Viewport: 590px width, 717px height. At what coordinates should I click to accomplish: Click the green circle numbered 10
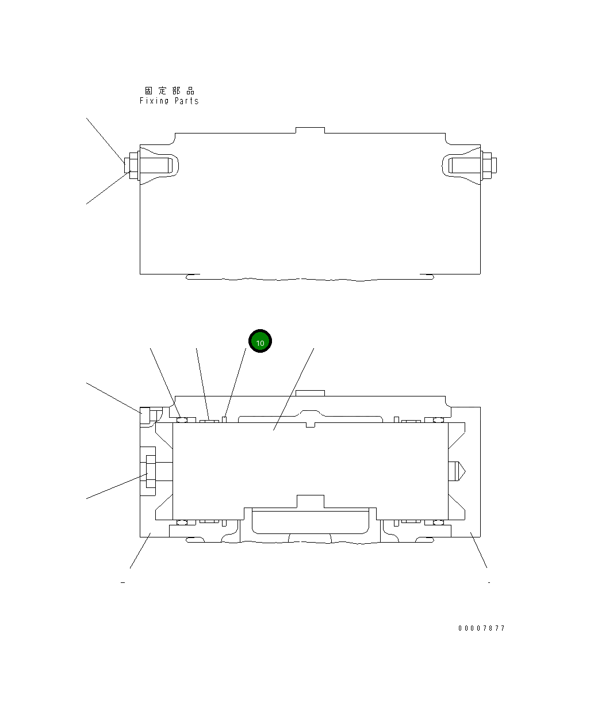point(260,342)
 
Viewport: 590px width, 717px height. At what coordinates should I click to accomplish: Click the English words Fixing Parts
point(169,101)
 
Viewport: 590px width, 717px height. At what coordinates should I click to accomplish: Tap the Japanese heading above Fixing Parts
point(170,91)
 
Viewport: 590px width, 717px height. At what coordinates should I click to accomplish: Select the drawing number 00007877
point(481,628)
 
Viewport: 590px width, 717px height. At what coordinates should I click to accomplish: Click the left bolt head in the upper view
point(132,166)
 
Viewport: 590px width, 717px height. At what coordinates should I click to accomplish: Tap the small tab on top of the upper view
point(310,130)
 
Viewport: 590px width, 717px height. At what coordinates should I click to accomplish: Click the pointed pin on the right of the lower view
point(457,472)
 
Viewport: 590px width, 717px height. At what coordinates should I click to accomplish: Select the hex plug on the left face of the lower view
point(149,472)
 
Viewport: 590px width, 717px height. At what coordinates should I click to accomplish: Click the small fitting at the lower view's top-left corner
point(145,415)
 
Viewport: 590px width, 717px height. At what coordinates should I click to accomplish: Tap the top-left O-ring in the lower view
point(182,419)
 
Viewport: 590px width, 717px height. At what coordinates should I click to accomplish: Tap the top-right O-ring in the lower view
point(438,419)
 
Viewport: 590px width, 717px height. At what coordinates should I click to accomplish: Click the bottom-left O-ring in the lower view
point(182,523)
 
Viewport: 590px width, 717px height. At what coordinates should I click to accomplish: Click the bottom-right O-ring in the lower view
point(438,523)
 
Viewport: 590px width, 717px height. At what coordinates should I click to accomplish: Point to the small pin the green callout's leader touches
point(225,418)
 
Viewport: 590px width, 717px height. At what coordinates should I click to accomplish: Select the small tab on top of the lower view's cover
point(310,394)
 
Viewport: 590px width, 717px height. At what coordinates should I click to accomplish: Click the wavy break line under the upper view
point(311,280)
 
